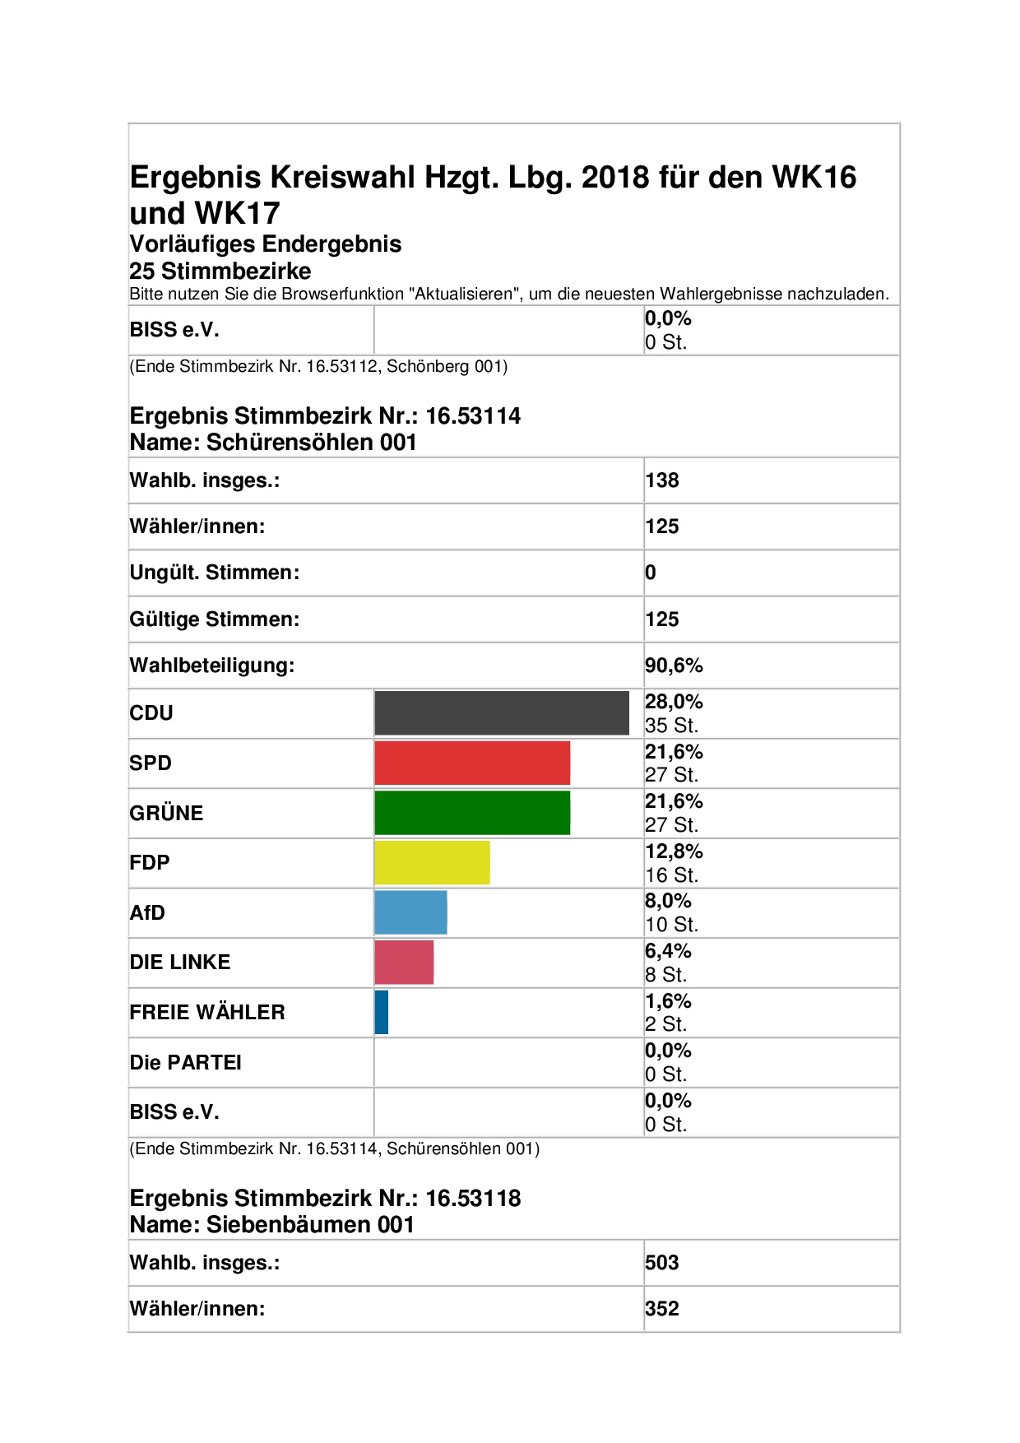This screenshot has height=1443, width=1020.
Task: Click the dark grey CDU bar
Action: [x=502, y=712]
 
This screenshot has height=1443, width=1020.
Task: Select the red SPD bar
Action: [x=472, y=763]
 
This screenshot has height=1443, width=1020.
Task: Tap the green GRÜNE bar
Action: [x=472, y=813]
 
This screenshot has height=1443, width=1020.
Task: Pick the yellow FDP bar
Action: [x=432, y=862]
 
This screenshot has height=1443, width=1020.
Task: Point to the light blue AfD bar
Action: [x=410, y=912]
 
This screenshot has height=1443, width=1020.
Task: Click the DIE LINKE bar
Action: [x=404, y=962]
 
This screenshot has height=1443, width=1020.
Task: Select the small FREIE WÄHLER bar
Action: [x=381, y=1012]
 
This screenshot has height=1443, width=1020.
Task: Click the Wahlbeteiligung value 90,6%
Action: [x=674, y=665]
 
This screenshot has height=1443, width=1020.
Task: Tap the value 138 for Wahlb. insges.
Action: [x=662, y=480]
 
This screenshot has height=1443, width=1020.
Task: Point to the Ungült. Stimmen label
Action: [x=215, y=573]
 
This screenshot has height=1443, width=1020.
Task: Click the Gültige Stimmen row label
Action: [x=215, y=619]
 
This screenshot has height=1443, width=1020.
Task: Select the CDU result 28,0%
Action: [x=674, y=702]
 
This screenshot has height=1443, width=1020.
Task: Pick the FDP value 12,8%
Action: [x=674, y=851]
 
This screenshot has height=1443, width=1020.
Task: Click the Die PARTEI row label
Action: [x=186, y=1062]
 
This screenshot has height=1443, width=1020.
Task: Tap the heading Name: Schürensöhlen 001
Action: [x=273, y=443]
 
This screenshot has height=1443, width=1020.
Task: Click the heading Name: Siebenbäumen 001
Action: [x=272, y=1225]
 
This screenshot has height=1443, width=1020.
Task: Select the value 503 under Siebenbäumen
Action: [x=662, y=1263]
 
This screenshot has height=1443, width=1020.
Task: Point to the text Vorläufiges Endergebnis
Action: [x=266, y=244]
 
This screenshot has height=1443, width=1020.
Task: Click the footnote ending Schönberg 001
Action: [x=318, y=366]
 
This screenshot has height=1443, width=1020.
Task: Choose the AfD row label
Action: [x=147, y=912]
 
